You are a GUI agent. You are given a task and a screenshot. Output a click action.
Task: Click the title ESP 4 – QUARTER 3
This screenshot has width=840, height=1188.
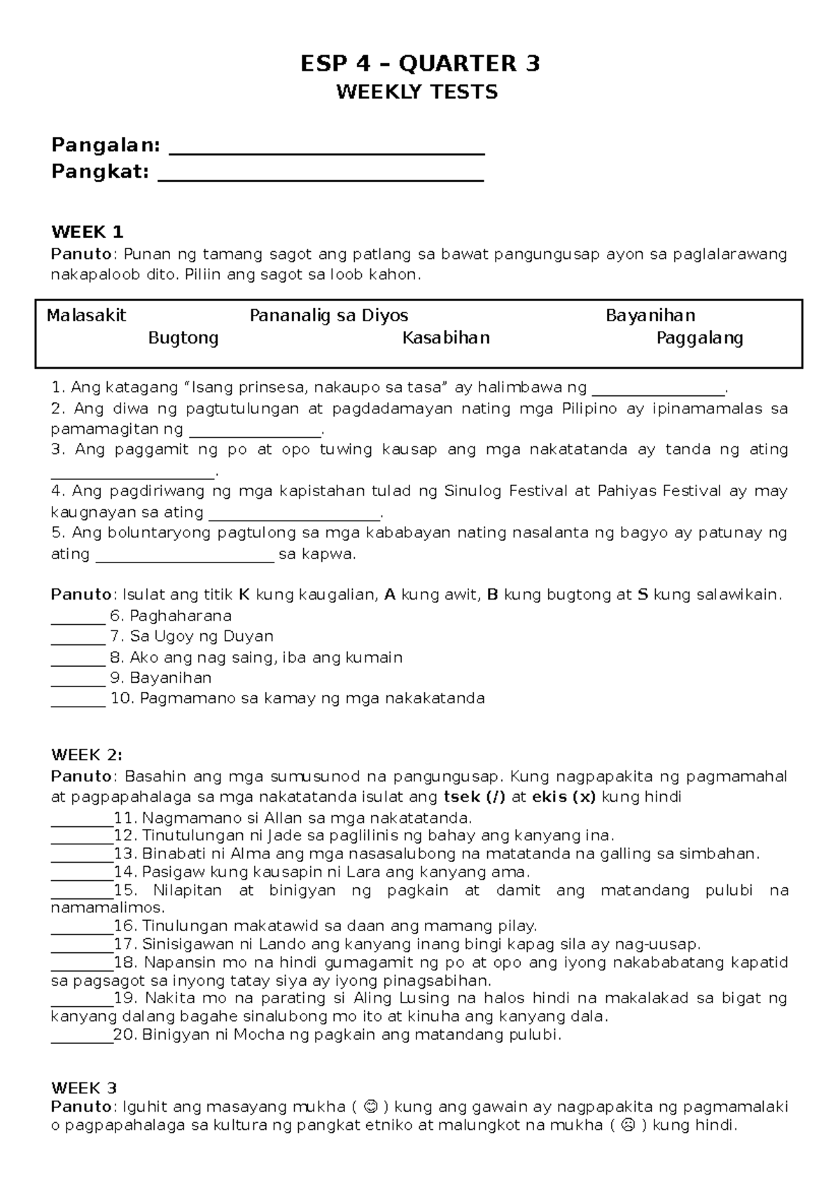click(420, 64)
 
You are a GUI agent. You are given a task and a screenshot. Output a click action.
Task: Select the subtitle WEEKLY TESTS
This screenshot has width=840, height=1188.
click(417, 92)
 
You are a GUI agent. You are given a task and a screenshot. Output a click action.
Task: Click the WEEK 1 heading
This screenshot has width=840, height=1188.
click(87, 232)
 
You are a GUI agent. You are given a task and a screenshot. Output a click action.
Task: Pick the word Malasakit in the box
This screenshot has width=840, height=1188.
click(86, 316)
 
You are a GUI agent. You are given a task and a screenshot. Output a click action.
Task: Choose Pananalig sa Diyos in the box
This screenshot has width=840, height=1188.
click(329, 316)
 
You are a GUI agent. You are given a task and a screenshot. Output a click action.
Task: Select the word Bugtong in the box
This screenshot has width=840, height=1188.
click(183, 339)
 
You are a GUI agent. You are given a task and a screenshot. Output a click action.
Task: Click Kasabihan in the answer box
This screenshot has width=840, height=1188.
click(446, 339)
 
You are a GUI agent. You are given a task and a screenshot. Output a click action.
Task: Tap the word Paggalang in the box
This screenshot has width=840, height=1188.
click(699, 339)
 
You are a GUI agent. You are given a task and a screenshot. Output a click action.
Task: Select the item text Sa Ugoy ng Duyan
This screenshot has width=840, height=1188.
click(201, 637)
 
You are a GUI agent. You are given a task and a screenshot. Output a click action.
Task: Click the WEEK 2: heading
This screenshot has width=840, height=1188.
click(87, 755)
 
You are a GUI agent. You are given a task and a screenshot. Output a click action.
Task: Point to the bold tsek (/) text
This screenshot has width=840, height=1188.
click(475, 797)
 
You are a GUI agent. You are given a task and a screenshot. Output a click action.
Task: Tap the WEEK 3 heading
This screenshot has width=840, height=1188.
click(84, 1088)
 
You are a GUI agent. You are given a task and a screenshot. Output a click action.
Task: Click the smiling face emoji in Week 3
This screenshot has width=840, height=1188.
click(372, 1107)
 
